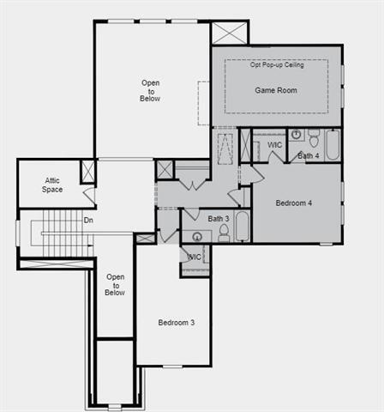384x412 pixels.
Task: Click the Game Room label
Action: (276, 90)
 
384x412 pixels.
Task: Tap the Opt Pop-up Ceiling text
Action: (276, 65)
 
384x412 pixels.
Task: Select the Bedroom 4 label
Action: (294, 203)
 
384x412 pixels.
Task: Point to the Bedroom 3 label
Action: (177, 323)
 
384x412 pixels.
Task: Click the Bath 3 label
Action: (219, 218)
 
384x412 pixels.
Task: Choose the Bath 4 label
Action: (309, 155)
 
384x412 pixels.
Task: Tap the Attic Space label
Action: (53, 185)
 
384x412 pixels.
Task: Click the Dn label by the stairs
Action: (88, 221)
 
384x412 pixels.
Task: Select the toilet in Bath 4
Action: (314, 138)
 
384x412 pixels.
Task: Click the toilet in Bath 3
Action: (224, 233)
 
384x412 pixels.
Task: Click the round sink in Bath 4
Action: (296, 135)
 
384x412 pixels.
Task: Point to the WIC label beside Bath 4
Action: (275, 145)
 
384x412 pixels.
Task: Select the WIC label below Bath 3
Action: (195, 257)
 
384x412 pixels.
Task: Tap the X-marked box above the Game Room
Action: (229, 33)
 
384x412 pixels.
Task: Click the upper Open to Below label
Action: (150, 91)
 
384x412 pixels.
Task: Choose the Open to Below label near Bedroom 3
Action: (115, 285)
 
